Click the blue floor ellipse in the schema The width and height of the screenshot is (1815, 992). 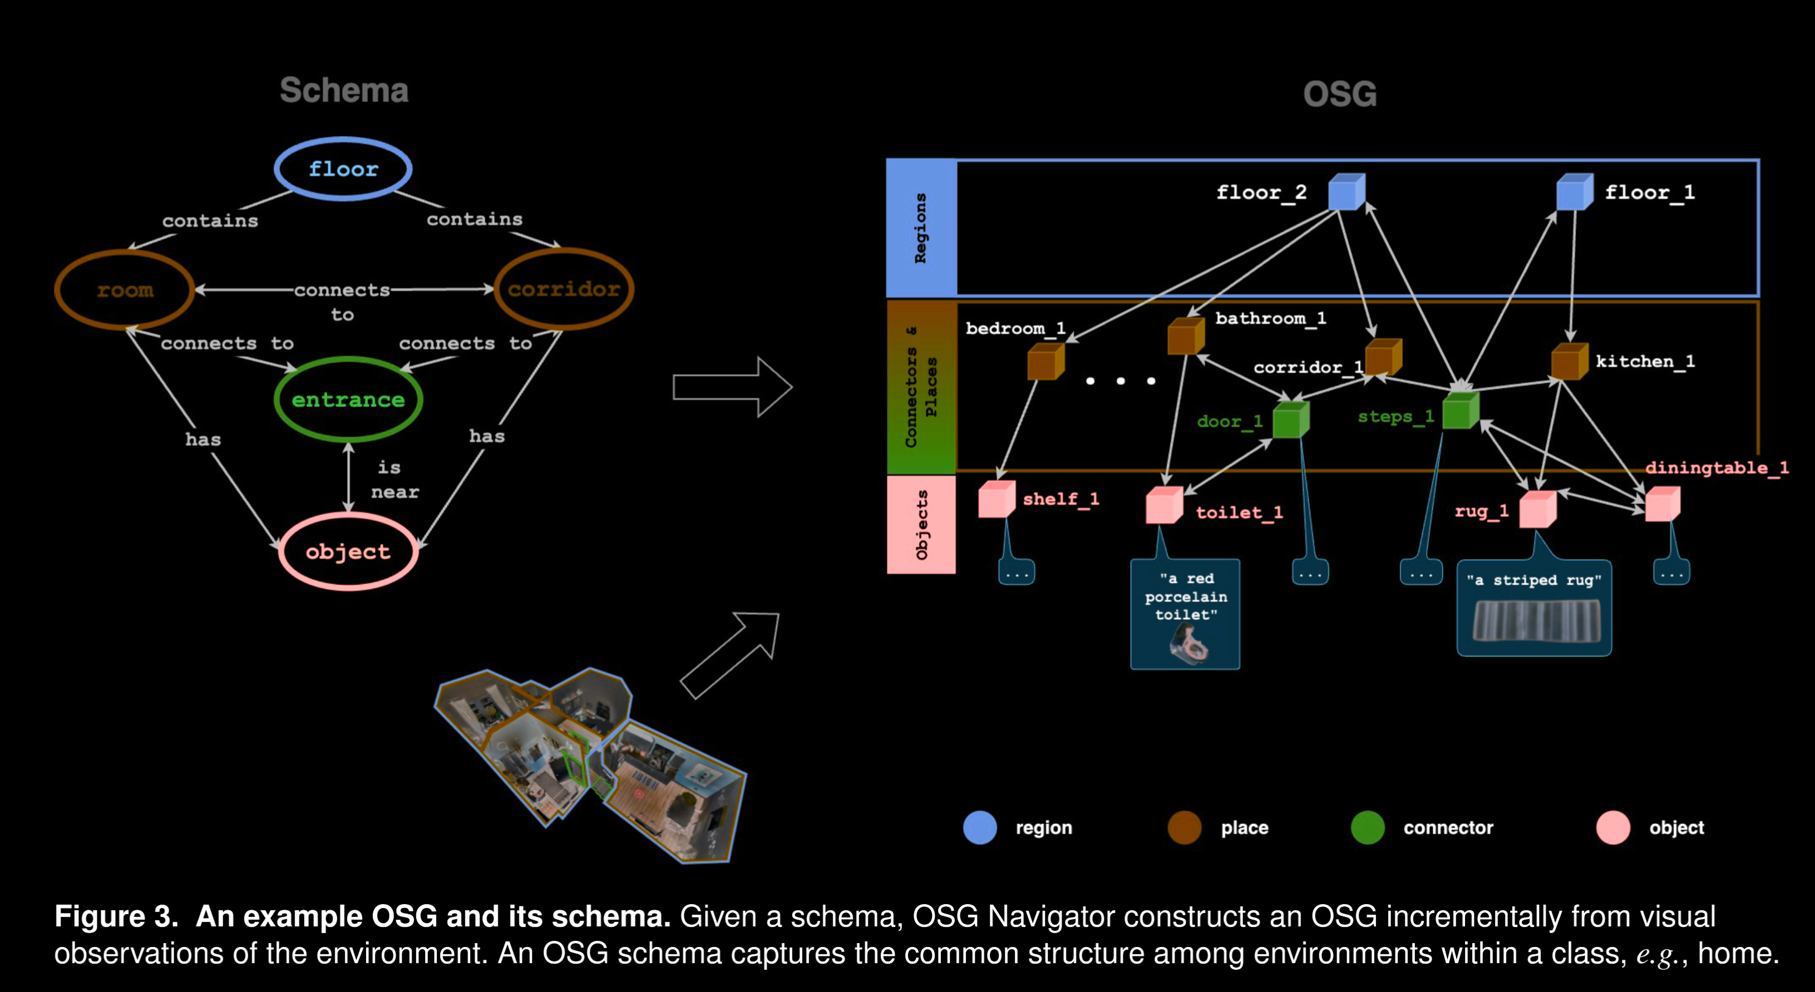click(x=343, y=169)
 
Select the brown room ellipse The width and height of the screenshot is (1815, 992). click(x=125, y=289)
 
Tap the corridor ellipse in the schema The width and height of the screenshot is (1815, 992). click(x=564, y=289)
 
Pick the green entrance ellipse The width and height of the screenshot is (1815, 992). click(x=348, y=399)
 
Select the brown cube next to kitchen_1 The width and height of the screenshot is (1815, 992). click(x=1569, y=362)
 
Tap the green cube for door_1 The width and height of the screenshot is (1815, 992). click(x=1291, y=420)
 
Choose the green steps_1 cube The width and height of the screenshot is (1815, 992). click(x=1460, y=411)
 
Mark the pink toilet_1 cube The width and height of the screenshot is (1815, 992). click(x=1164, y=505)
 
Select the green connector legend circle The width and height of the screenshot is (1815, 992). click(x=1368, y=827)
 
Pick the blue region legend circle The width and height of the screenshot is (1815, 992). click(x=980, y=827)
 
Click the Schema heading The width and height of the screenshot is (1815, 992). click(x=344, y=91)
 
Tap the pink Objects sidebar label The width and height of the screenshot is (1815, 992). click(x=921, y=525)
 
